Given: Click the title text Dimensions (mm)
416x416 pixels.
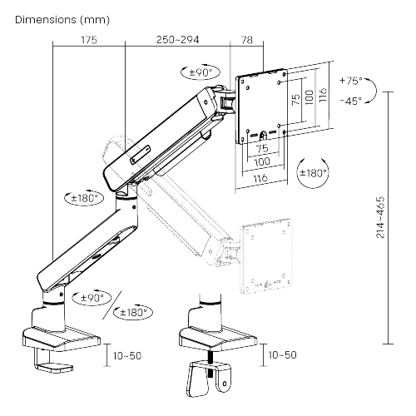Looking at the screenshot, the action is coord(62,20).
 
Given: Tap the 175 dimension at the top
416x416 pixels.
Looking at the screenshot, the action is coord(89,40).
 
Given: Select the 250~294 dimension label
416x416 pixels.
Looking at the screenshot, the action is coord(177,40).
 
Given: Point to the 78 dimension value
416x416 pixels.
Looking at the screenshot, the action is coord(247,40).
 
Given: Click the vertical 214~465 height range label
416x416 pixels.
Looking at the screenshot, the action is coord(380,217).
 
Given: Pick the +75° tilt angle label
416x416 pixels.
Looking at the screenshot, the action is coord(351,81).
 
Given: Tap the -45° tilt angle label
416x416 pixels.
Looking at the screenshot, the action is coord(351,101).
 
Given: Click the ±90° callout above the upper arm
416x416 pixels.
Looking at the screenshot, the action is coord(201,72).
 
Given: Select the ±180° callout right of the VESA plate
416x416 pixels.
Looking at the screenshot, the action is coord(313,173).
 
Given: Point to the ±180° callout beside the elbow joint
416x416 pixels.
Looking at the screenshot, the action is coord(84,198).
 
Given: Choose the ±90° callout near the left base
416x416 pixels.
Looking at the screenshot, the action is coord(92,298).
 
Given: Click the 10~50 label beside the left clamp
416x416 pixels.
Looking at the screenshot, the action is coord(127,355).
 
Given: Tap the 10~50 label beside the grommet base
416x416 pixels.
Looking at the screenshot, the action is coord(282,354).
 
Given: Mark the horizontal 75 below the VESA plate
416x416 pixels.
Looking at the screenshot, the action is coord(262,149).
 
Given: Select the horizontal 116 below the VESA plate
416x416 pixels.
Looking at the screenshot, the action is coord(260,178).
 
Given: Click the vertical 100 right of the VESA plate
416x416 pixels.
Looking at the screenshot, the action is coord(310,97).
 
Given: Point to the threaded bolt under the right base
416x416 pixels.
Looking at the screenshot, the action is coord(210,364).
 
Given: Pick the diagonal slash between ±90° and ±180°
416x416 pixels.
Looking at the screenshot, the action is coord(112,305).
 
